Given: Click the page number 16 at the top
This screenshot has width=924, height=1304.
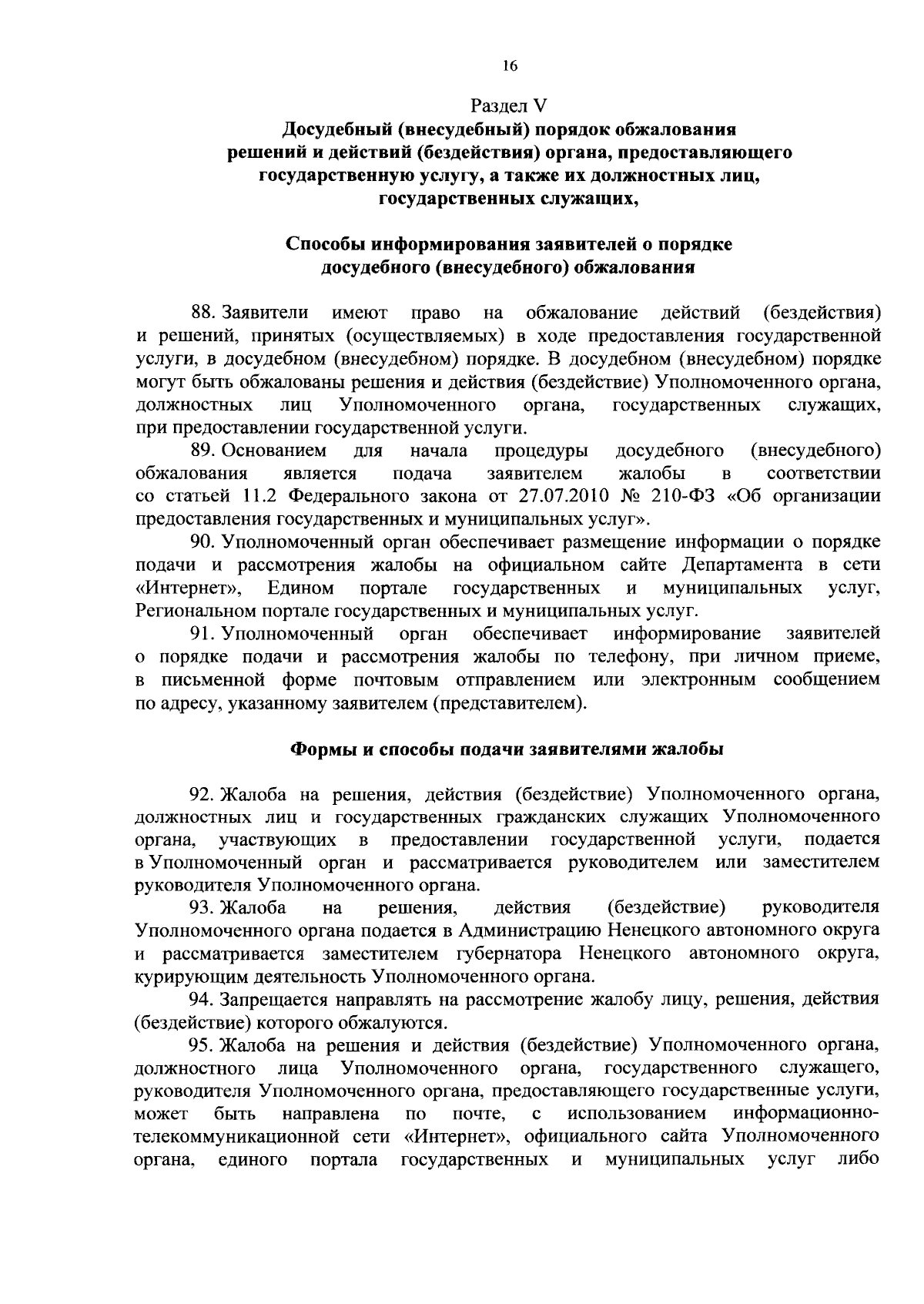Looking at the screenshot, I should tap(509, 66).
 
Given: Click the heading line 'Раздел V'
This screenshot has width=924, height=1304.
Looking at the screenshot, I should tap(509, 105).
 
